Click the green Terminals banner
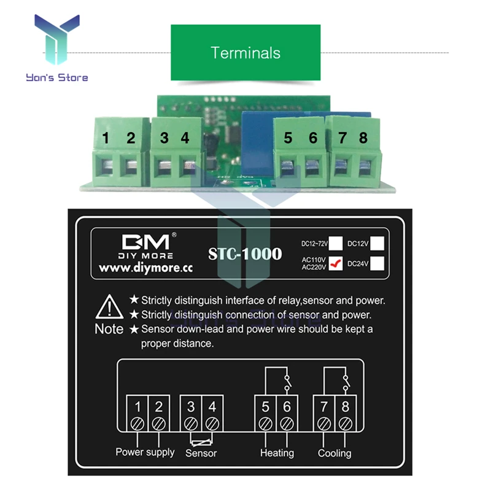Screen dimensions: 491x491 click(245, 52)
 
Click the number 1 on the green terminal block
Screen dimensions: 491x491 click(106, 138)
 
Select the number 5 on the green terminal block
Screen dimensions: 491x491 click(288, 138)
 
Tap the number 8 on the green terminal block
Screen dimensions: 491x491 click(363, 138)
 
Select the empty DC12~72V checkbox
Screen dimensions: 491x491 click(336, 242)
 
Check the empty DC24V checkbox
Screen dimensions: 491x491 click(378, 263)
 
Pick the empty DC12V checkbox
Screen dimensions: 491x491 click(378, 242)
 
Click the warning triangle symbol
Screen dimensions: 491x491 click(109, 305)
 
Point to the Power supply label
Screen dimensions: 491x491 click(145, 452)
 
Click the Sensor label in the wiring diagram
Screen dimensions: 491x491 click(201, 453)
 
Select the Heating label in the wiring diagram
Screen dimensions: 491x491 click(277, 453)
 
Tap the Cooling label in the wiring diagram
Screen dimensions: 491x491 click(334, 453)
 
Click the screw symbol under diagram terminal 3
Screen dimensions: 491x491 click(191, 423)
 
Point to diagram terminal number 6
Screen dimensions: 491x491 click(287, 406)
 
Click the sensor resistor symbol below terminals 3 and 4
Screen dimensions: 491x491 click(201, 439)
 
